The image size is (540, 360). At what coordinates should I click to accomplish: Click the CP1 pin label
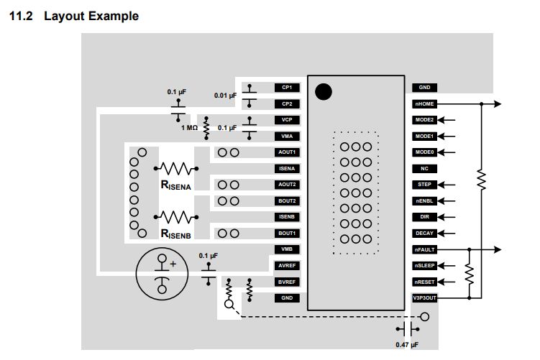(287, 88)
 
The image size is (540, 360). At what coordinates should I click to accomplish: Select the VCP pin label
(287, 120)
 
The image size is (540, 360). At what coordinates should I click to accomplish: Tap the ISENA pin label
(287, 169)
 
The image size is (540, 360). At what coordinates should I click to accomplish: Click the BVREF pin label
(287, 282)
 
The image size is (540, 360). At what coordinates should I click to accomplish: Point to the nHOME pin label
(424, 104)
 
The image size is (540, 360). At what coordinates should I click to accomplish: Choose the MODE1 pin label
(424, 137)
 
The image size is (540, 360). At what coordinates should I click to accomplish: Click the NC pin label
(424, 169)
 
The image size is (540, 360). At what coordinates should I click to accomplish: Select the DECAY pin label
(424, 234)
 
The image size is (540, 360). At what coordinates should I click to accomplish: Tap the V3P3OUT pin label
(424, 298)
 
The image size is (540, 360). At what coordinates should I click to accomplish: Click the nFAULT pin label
(424, 249)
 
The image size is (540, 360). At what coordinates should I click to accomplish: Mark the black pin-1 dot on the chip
(324, 91)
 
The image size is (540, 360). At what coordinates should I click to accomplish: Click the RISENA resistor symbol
(175, 169)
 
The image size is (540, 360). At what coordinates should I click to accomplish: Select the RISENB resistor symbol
(175, 217)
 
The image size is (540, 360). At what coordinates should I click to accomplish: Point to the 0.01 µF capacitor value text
(225, 95)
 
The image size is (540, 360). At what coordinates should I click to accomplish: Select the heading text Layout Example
(91, 16)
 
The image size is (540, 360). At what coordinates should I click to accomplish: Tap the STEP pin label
(424, 185)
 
